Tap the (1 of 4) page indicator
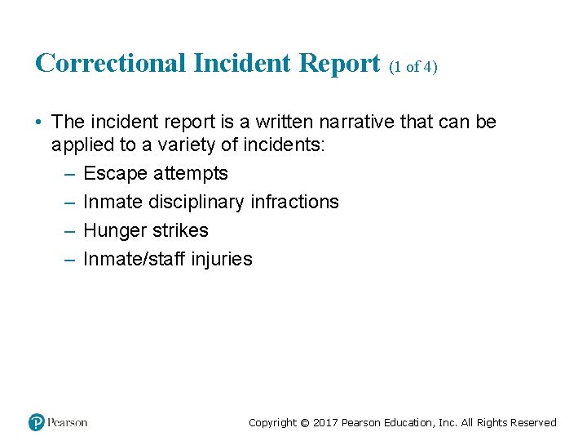[413, 67]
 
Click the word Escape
[115, 173]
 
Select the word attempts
[191, 174]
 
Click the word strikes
[179, 230]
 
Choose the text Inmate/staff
[135, 259]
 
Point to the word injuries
[222, 260]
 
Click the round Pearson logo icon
[37, 422]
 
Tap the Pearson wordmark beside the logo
[68, 422]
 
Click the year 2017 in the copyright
[325, 423]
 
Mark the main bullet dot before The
[38, 122]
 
